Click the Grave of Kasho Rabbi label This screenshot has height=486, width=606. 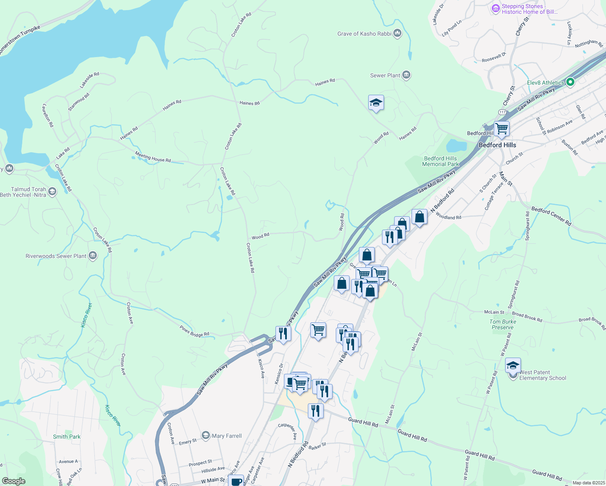[364, 34]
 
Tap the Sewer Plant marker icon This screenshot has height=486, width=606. [407, 75]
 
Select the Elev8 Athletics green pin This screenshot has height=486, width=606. [570, 82]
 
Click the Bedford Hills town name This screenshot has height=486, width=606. [497, 145]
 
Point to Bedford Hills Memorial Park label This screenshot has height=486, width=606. [440, 161]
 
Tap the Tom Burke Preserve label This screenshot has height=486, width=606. [503, 324]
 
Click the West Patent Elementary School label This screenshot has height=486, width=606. [542, 375]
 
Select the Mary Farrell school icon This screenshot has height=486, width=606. [206, 435]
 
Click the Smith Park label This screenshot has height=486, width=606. [67, 437]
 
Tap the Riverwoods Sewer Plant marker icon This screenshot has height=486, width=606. [93, 256]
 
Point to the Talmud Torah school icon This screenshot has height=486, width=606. [52, 192]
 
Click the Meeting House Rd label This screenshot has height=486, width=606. [153, 157]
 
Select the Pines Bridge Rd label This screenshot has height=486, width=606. [194, 331]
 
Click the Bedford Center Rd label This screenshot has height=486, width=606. [551, 216]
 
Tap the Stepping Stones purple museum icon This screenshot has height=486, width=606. [495, 8]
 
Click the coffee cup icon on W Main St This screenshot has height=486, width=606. [236, 481]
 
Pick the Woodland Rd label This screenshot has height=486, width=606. [448, 217]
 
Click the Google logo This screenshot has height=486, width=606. [14, 481]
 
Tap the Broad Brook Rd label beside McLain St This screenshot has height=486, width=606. [527, 317]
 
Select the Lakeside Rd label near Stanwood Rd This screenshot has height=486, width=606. [90, 80]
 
